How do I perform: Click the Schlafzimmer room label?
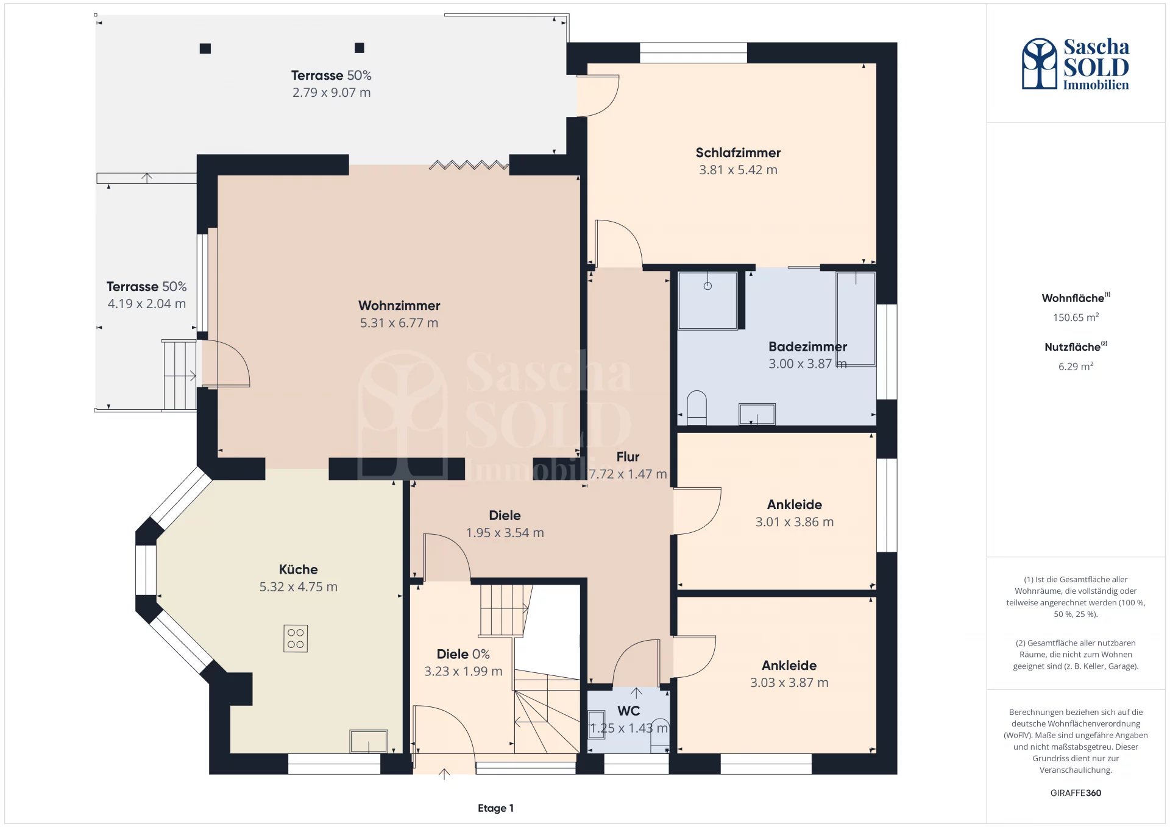click(738, 152)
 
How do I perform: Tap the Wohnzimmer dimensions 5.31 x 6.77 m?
click(399, 323)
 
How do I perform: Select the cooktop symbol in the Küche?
click(296, 639)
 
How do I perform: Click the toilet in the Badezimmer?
click(697, 408)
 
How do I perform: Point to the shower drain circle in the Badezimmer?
click(707, 286)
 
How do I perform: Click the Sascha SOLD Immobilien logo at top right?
click(1076, 64)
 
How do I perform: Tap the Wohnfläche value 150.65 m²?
click(1076, 317)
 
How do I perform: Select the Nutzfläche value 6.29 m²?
click(1076, 366)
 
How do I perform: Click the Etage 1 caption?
click(495, 808)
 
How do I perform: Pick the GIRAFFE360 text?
click(1076, 793)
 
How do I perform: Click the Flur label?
click(628, 457)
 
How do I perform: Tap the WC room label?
click(628, 711)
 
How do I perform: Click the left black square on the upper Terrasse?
click(205, 49)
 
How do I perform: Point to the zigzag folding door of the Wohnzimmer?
click(469, 164)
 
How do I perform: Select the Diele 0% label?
click(463, 654)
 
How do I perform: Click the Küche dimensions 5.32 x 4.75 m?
click(298, 586)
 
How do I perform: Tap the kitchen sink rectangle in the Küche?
click(369, 741)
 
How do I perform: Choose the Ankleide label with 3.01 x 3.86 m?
click(795, 504)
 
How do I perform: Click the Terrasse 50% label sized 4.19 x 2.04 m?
click(146, 286)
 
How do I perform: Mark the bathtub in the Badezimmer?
click(856, 318)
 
